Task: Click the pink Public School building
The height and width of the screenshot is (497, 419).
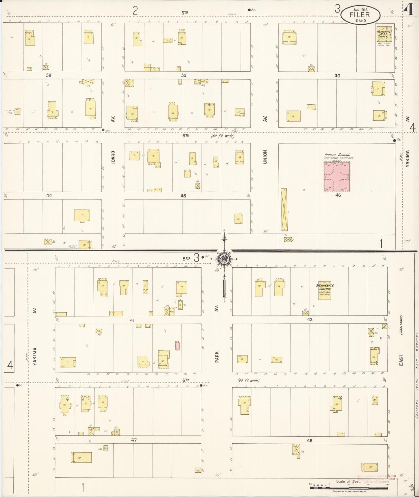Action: [337, 177]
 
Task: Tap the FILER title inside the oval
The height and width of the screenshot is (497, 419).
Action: [360, 15]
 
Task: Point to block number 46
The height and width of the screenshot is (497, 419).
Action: [338, 195]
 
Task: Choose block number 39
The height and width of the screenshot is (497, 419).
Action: [183, 75]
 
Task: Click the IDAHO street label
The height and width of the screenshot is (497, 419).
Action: [113, 157]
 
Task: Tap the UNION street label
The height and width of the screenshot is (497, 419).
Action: [265, 157]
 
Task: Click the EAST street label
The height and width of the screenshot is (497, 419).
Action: [401, 360]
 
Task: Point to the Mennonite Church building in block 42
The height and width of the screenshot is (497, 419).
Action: [324, 291]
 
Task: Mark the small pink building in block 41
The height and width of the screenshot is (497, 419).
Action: [177, 346]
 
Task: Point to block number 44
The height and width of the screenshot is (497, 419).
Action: [49, 196]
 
